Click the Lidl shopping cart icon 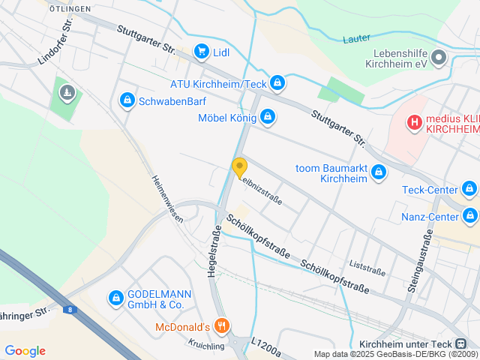point(201,51)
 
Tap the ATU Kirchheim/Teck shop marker point(278,82)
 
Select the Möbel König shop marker point(268,117)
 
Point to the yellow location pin point(240,168)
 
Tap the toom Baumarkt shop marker point(379,172)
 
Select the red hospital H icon point(414,122)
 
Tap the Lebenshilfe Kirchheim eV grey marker point(439,57)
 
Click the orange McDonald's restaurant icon point(221,326)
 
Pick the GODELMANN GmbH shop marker point(115,298)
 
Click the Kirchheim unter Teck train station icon point(460,343)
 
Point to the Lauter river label point(358,38)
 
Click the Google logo point(25,351)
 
